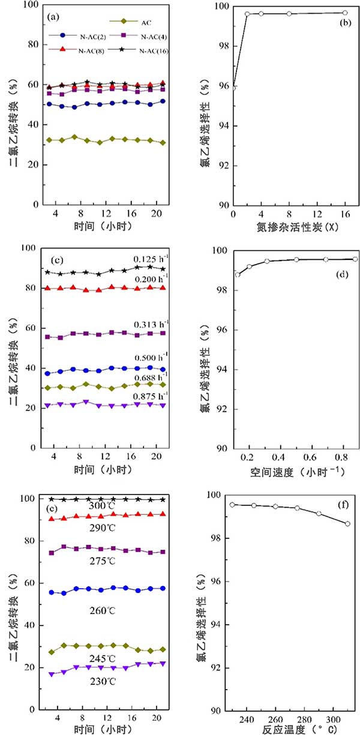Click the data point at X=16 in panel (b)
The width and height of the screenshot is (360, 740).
pyautogui.click(x=345, y=13)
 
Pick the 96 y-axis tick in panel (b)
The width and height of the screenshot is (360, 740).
pyautogui.click(x=221, y=86)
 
